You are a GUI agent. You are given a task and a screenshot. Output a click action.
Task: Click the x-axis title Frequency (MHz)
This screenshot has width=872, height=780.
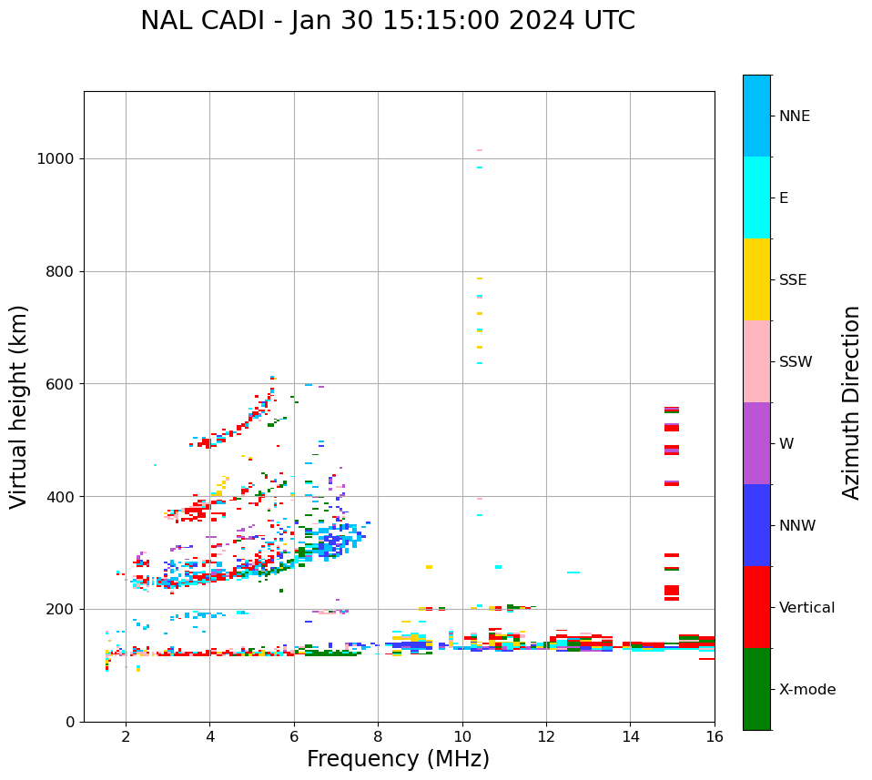pyautogui.click(x=398, y=759)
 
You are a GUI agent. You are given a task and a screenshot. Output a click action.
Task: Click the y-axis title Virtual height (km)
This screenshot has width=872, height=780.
pyautogui.click(x=19, y=406)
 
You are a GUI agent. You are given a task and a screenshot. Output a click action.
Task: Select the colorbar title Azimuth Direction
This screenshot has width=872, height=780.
pyautogui.click(x=851, y=402)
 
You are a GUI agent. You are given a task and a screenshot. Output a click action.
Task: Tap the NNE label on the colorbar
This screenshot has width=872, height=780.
pyautogui.click(x=794, y=116)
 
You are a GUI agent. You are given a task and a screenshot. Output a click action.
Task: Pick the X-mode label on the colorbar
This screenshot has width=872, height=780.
pyautogui.click(x=806, y=690)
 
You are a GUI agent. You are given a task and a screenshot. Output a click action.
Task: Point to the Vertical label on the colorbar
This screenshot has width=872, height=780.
pyautogui.click(x=806, y=608)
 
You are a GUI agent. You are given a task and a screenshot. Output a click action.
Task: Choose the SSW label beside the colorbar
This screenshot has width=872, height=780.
pyautogui.click(x=796, y=362)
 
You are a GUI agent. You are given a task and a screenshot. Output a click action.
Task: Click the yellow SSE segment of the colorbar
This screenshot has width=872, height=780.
pyautogui.click(x=756, y=279)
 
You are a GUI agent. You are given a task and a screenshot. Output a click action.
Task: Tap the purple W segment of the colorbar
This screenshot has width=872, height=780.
pyautogui.click(x=756, y=443)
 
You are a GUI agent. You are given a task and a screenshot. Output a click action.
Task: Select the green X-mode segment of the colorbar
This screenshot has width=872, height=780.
pyautogui.click(x=756, y=689)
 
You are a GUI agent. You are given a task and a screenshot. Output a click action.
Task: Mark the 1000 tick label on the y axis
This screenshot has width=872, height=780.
pyautogui.click(x=55, y=159)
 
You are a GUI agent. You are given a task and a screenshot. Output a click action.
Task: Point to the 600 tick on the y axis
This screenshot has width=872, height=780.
pyautogui.click(x=60, y=384)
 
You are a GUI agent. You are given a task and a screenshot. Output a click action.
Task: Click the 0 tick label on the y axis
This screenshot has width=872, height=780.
pyautogui.click(x=70, y=722)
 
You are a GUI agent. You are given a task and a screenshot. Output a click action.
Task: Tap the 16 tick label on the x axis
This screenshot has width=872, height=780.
pyautogui.click(x=714, y=736)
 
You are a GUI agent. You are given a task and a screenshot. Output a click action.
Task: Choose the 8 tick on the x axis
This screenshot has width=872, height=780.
pyautogui.click(x=378, y=736)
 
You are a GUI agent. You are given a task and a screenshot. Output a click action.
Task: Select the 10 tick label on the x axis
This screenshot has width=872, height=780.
pyautogui.click(x=461, y=736)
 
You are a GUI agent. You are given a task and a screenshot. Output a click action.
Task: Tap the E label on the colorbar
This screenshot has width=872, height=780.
pyautogui.click(x=784, y=198)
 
